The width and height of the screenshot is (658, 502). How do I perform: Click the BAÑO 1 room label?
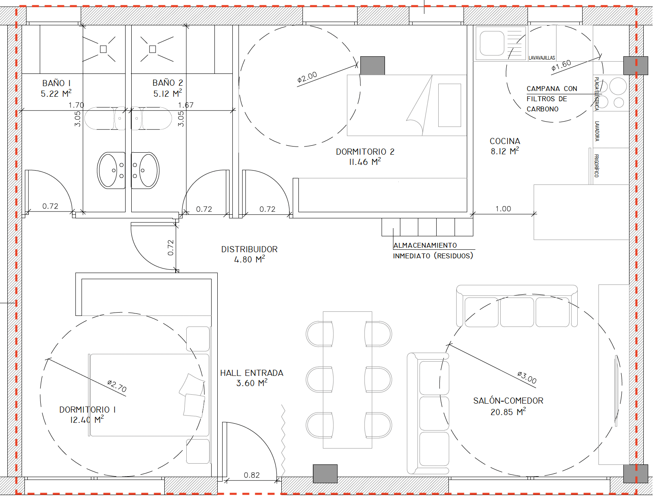click(x=56, y=83)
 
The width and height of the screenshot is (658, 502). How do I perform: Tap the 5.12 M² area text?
click(x=168, y=93)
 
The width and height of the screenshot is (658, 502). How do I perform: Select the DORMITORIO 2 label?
click(x=365, y=151)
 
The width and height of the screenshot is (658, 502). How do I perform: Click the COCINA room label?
click(x=505, y=141)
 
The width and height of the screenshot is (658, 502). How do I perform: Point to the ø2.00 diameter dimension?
click(x=307, y=77)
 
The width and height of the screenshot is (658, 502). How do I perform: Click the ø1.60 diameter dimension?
click(x=561, y=65)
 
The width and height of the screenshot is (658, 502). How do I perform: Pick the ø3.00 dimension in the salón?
click(x=527, y=377)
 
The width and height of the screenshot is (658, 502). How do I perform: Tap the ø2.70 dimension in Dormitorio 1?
click(x=117, y=386)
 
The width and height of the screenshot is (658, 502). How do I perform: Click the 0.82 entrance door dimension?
click(x=252, y=475)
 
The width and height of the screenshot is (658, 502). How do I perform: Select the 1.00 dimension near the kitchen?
click(x=503, y=209)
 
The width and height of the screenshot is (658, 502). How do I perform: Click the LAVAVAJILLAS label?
click(x=542, y=58)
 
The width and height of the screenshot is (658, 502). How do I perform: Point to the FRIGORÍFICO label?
click(x=596, y=166)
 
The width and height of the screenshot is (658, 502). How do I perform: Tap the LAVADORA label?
click(x=597, y=131)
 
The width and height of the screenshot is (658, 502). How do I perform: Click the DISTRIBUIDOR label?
click(x=250, y=249)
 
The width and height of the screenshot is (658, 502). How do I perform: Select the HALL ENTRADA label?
click(x=252, y=373)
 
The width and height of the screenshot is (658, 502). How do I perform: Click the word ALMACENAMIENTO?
click(x=425, y=245)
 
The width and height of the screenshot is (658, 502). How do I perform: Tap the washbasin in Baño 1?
click(x=111, y=171)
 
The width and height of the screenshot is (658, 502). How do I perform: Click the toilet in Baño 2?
click(x=151, y=118)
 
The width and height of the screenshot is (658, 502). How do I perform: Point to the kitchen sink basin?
click(x=492, y=43)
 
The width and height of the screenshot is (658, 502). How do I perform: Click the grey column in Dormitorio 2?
click(x=373, y=65)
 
